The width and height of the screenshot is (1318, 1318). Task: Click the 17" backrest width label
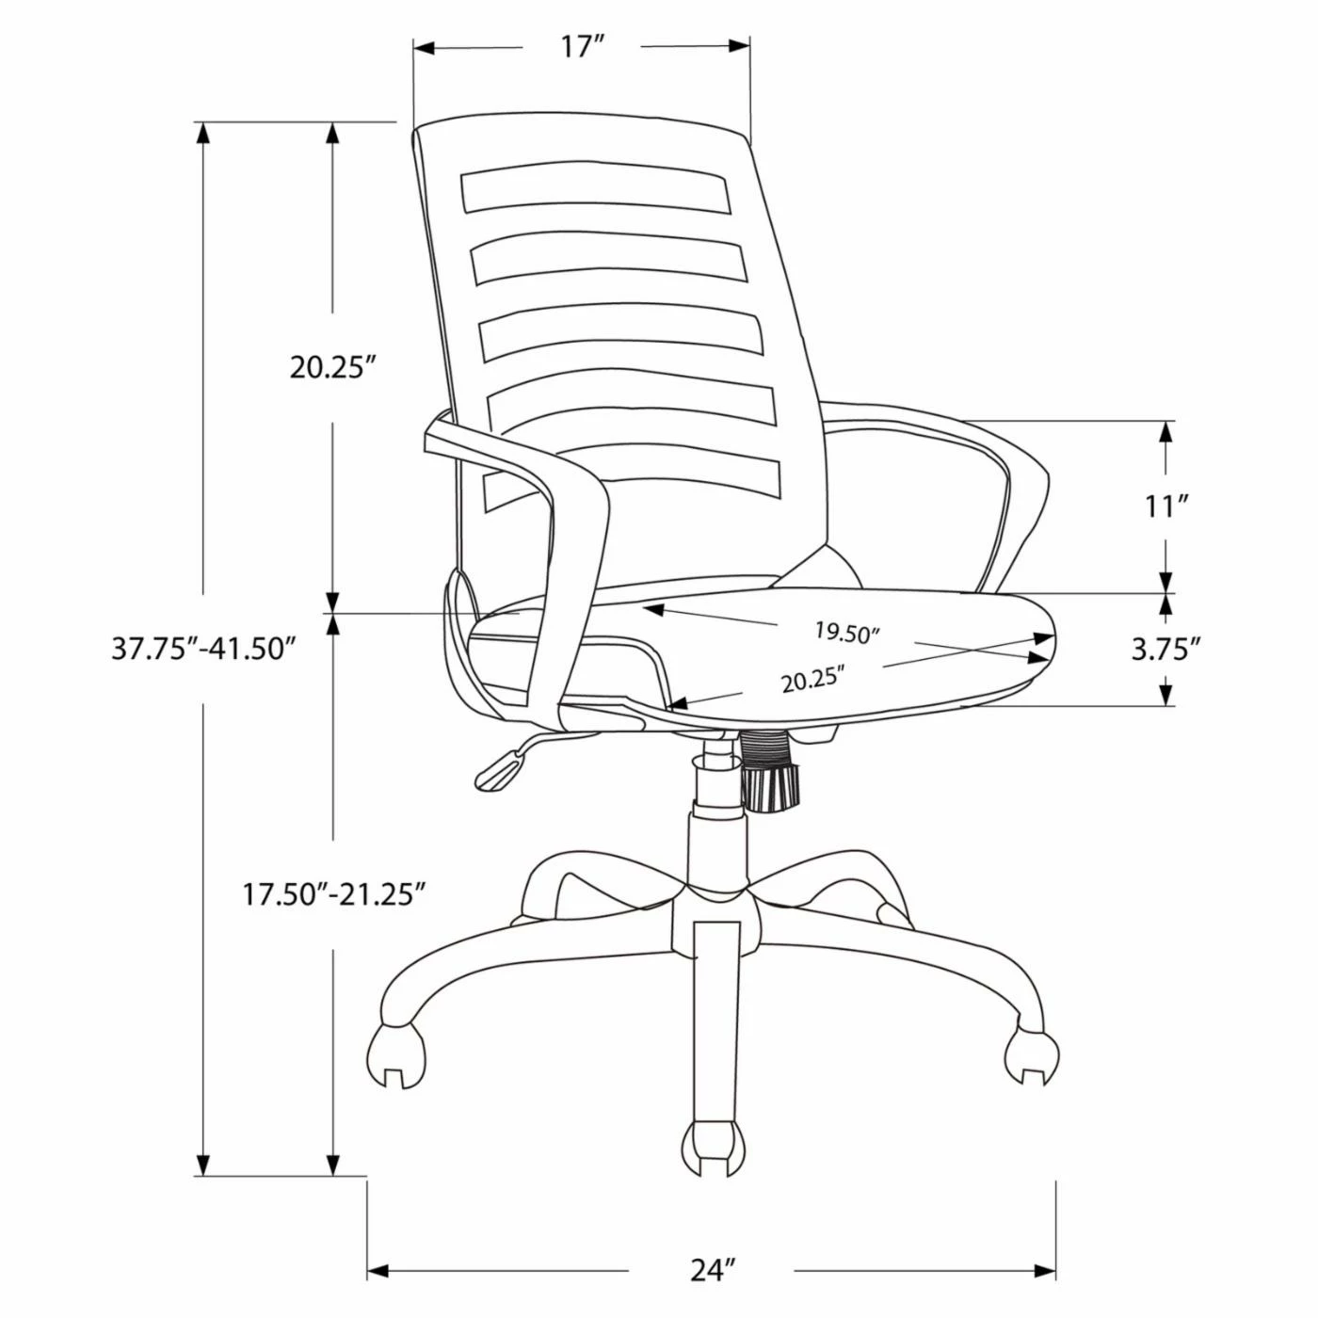pyautogui.click(x=582, y=46)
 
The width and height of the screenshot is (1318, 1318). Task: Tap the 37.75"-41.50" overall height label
pyautogui.click(x=204, y=649)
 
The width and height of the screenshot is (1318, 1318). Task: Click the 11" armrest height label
pyautogui.click(x=1166, y=506)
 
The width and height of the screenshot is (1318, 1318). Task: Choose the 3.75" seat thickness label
pyautogui.click(x=1166, y=649)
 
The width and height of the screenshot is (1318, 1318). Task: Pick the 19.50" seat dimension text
pyautogui.click(x=846, y=632)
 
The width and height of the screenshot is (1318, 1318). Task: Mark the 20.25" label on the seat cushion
pyautogui.click(x=812, y=678)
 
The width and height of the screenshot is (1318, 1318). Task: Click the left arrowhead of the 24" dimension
pyautogui.click(x=378, y=1272)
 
